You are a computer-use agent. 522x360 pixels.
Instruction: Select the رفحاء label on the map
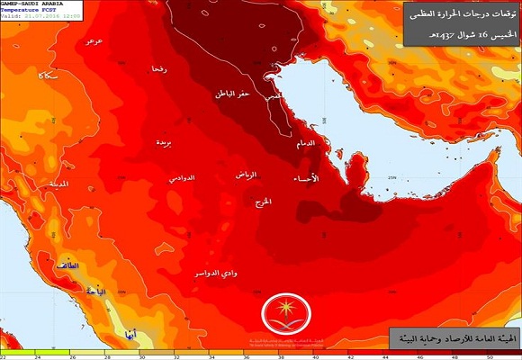tap(159, 69)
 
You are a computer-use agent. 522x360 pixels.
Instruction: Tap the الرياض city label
tap(246, 174)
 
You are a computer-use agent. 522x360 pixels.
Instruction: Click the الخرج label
tap(264, 200)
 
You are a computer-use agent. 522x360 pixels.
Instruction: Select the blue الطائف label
tap(67, 266)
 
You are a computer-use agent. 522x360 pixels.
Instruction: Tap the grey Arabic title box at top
tap(451, 25)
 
